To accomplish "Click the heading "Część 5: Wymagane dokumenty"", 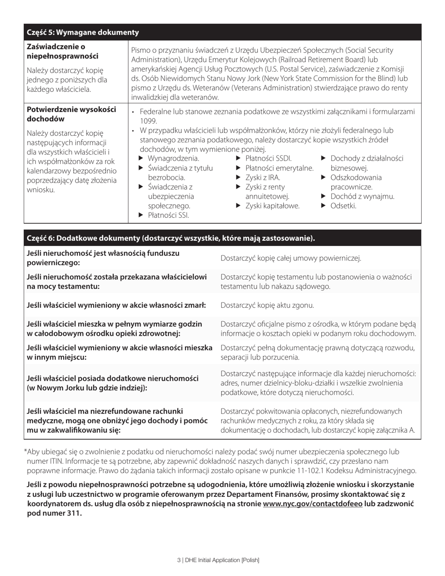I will coord(83,32).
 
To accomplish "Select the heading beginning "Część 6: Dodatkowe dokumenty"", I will coord(171,238).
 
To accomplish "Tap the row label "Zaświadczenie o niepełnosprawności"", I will coord(63,52).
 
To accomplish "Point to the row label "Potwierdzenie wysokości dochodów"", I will coord(71,114).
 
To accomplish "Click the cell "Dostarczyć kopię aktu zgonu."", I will coord(267,305).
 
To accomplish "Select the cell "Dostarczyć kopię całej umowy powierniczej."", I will coord(290,258).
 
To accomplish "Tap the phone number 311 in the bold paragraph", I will coord(74,513).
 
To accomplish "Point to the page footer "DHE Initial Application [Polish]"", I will coord(221,560).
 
